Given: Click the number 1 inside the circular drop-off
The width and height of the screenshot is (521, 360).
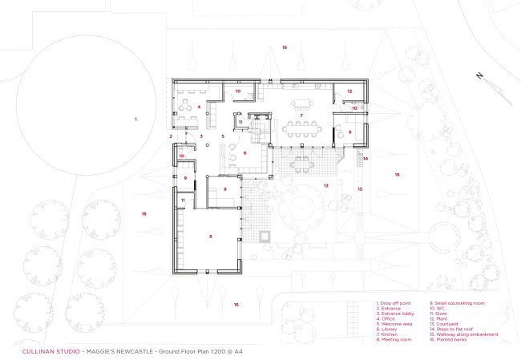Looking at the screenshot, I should point(135,119).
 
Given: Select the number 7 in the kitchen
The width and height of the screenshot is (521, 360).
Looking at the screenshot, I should point(301,116).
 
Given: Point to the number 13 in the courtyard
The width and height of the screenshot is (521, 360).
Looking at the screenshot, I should point(325,185).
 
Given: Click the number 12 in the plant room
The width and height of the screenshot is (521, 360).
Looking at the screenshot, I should point(349,91).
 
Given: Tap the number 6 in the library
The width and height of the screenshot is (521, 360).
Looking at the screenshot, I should point(245,152).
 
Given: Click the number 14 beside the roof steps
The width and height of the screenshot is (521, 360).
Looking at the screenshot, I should point(365,159).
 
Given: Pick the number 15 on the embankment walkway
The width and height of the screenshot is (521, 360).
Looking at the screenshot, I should point(360,189).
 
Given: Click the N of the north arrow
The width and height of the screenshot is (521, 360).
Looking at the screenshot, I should point(479,76).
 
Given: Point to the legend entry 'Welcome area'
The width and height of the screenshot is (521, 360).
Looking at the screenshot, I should point(393,324).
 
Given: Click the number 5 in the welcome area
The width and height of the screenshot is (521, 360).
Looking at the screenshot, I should point(223,136).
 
